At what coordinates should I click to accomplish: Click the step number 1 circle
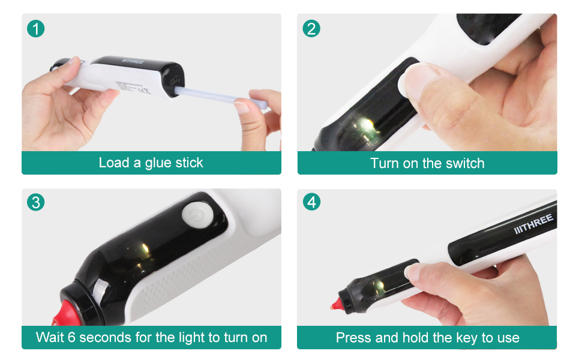(x=36, y=28)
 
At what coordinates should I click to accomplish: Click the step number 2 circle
(x=311, y=28)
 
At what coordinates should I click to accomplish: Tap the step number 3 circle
(x=36, y=203)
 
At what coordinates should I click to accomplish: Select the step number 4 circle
(x=311, y=203)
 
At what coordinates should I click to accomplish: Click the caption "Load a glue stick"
(x=151, y=163)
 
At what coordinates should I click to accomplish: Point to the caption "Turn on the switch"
(x=427, y=163)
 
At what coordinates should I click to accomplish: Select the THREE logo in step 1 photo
(x=136, y=61)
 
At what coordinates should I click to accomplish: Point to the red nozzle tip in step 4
(x=334, y=306)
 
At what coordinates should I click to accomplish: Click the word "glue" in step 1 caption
(x=158, y=163)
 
